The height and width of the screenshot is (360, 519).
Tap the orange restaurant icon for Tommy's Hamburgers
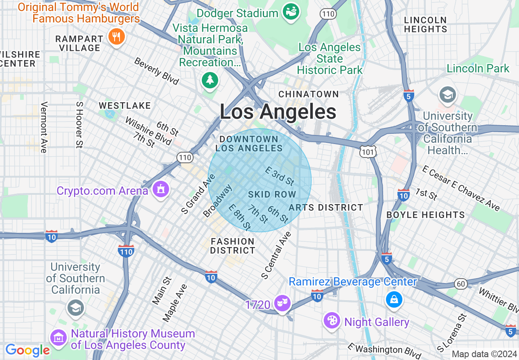[x=117, y=37]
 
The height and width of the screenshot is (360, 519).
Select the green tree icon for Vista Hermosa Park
[x=210, y=79]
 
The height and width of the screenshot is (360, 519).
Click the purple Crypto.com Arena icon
[x=160, y=189]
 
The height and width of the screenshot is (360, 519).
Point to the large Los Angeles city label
[x=278, y=112]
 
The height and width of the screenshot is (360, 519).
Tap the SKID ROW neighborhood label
[x=272, y=195]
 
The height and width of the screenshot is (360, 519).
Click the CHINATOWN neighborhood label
[x=309, y=94]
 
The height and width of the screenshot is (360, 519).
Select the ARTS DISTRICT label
[x=326, y=207]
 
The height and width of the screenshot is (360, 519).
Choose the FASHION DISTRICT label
[x=232, y=246]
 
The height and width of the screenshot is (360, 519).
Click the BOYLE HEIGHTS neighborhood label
[x=426, y=215]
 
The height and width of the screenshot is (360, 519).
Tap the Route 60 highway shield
[x=461, y=284]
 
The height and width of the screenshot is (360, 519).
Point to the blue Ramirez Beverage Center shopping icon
[x=394, y=300]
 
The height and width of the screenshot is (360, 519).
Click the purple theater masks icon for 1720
[x=282, y=303]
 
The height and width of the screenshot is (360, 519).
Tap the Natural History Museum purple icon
[x=59, y=338]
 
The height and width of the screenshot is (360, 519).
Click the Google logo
[x=27, y=351]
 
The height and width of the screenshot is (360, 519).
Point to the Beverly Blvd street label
[x=156, y=71]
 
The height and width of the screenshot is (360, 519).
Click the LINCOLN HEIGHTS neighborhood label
[x=425, y=25]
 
